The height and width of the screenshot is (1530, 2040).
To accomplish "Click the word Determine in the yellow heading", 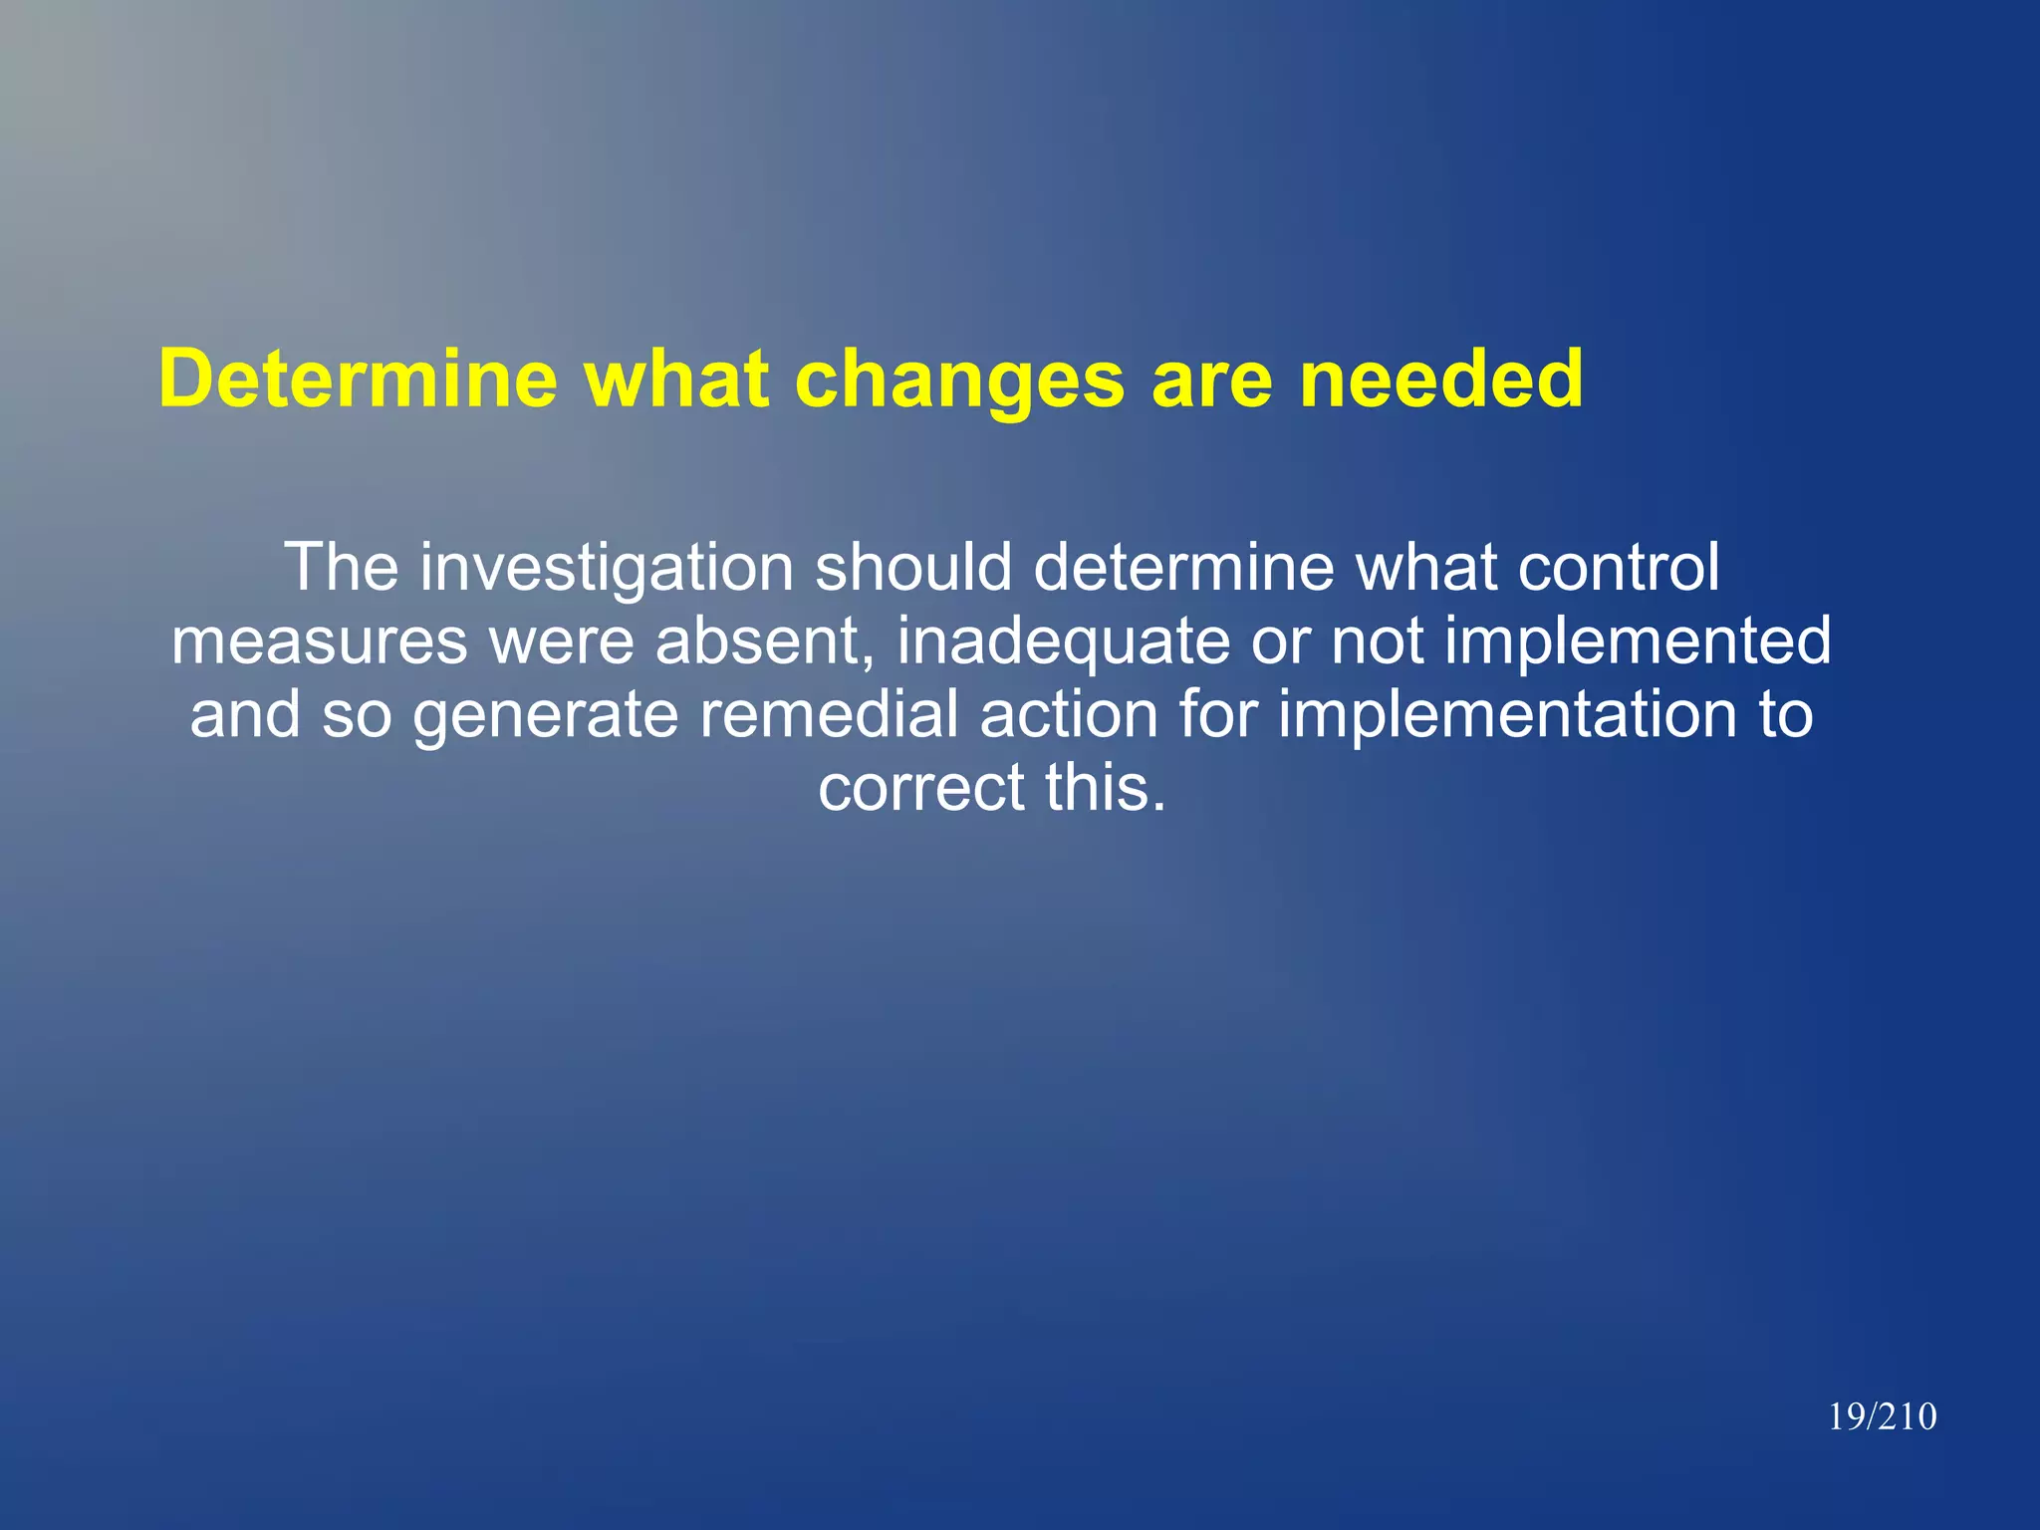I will [x=358, y=380].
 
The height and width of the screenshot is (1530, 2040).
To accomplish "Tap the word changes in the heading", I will [x=961, y=380].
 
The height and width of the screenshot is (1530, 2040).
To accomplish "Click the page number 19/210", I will [x=1882, y=1416].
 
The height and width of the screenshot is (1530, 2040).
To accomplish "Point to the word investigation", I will [x=606, y=568].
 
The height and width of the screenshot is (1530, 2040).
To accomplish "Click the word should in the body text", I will [x=913, y=568].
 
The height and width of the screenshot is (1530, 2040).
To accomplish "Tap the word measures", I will [x=319, y=641].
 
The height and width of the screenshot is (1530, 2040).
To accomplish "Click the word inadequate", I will [x=1063, y=641].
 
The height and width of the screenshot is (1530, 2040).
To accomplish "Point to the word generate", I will [x=545, y=715].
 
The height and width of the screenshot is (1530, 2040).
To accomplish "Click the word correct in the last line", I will [x=922, y=789].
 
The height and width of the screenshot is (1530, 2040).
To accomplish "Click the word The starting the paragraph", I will [x=341, y=568].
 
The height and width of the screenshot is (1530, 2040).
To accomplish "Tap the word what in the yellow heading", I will [x=676, y=380].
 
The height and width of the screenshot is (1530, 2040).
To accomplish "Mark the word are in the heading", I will [x=1212, y=380].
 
